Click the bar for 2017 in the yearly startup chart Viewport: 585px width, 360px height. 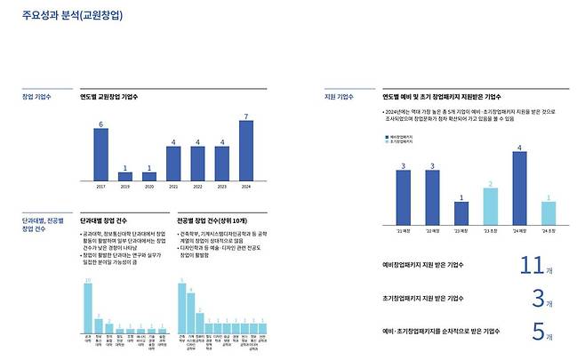[x=100, y=155]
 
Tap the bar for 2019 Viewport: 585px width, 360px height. [x=125, y=176]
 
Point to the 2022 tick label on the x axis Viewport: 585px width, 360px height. [x=197, y=187]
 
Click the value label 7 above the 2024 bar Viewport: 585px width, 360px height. [x=246, y=117]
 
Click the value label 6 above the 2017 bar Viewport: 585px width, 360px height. [x=100, y=124]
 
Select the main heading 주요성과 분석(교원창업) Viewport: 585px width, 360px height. [x=73, y=15]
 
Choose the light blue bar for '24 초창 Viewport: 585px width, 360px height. [x=549, y=214]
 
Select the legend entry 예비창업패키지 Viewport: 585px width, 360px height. [x=405, y=136]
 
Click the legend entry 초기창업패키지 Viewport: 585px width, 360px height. [x=405, y=141]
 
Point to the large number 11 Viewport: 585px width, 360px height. [x=530, y=264]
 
